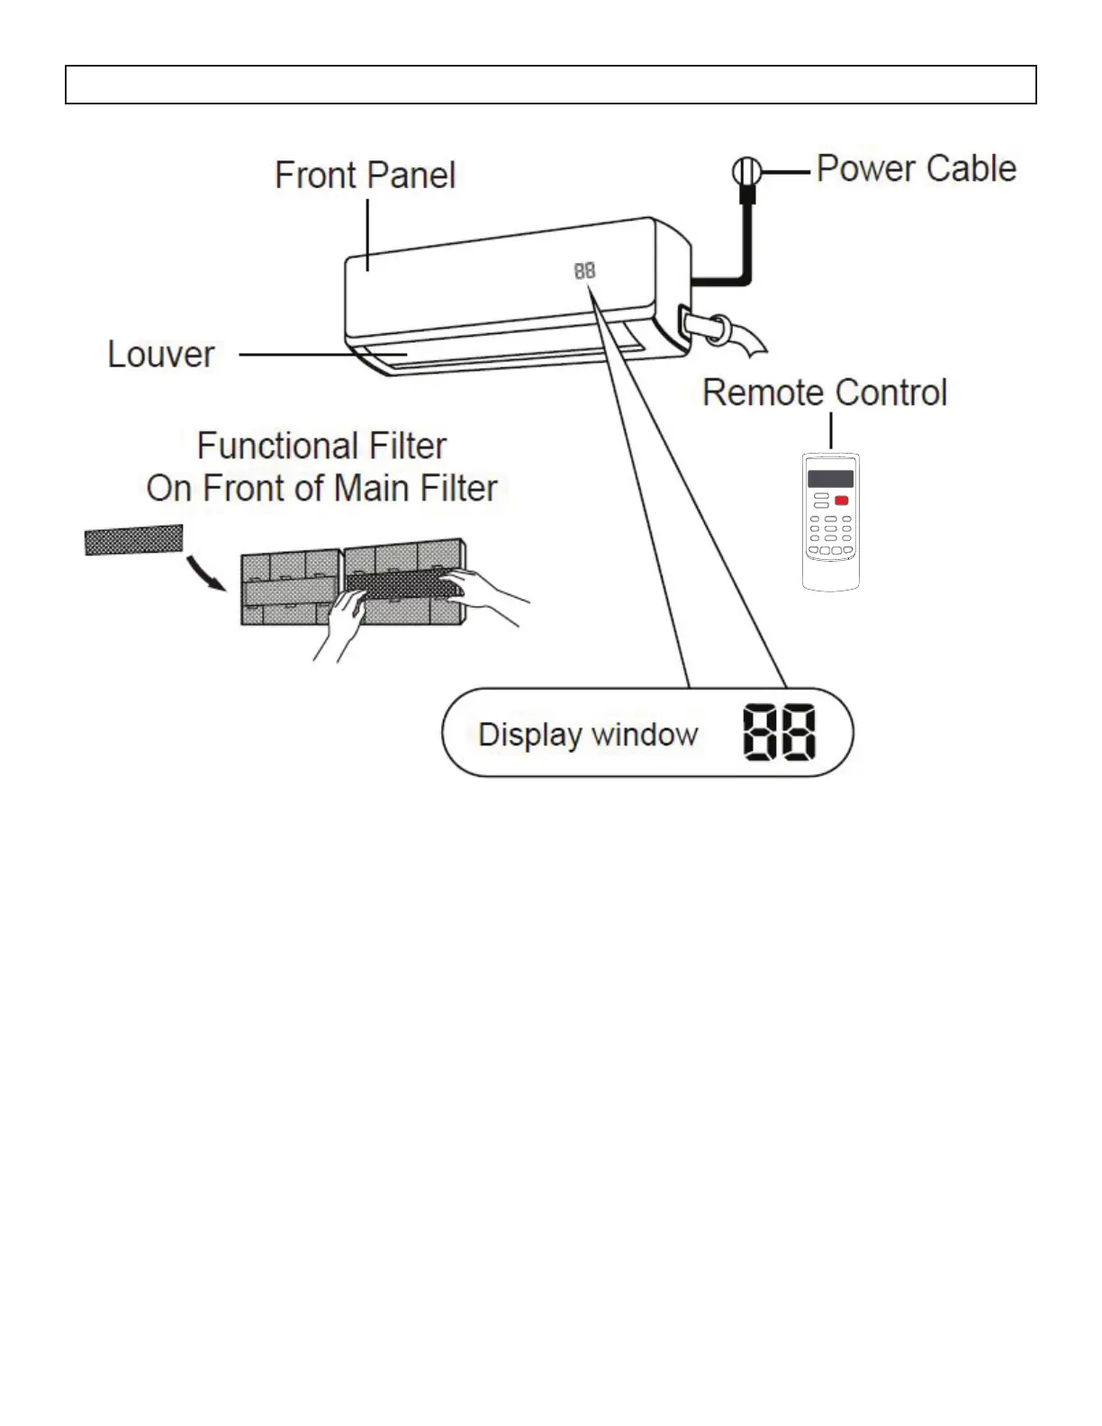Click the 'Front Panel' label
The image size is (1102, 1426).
click(365, 176)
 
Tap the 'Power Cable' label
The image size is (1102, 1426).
click(917, 168)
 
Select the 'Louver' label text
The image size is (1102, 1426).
click(161, 355)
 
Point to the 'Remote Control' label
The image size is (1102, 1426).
click(825, 393)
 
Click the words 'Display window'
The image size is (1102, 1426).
click(588, 735)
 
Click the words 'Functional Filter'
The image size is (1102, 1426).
click(321, 447)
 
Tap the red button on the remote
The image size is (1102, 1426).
click(842, 501)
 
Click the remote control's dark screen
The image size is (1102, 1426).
click(830, 479)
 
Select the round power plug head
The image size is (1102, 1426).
click(746, 171)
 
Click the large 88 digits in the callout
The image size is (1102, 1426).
click(780, 733)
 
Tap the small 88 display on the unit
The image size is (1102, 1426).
click(585, 270)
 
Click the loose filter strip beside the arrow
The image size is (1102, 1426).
click(134, 540)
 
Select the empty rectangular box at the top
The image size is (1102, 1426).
click(551, 85)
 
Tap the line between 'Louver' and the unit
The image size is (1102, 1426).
click(323, 355)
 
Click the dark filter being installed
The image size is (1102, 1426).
click(402, 584)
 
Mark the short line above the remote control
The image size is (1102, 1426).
click(831, 430)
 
